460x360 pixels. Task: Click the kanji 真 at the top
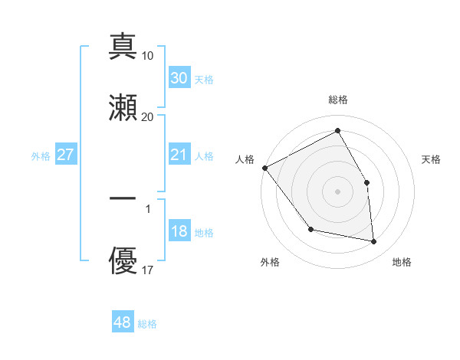(123, 47)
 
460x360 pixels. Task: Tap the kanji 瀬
(123, 107)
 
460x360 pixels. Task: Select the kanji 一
(123, 198)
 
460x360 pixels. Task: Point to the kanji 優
(123, 260)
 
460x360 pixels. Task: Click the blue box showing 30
(179, 78)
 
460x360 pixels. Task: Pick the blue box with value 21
(179, 155)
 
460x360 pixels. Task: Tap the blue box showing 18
(179, 231)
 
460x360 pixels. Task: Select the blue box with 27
(65, 155)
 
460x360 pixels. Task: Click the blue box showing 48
(123, 322)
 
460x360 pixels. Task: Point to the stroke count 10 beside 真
(148, 56)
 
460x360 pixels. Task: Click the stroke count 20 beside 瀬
(148, 116)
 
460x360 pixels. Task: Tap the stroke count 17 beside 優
(148, 270)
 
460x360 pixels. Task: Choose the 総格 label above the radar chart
(338, 100)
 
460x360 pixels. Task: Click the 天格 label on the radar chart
(432, 159)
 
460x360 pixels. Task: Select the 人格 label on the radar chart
(245, 159)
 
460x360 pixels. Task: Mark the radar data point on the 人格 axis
(264, 168)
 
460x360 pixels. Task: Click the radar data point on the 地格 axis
(374, 241)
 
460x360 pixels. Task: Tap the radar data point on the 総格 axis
(337, 131)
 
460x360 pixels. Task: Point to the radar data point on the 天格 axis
(366, 182)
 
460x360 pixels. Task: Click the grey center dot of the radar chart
(337, 191)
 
